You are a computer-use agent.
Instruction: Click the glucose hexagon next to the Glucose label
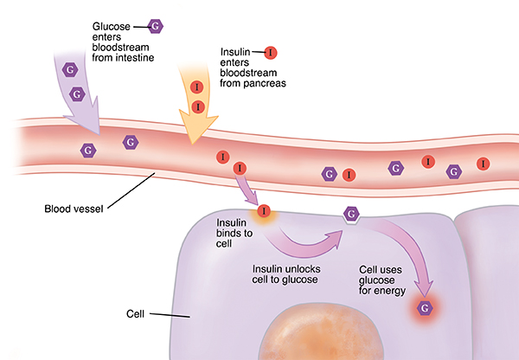155,25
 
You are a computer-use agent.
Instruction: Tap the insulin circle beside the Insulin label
271,53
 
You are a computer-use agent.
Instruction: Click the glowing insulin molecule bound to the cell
264,210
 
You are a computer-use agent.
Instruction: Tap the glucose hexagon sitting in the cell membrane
351,214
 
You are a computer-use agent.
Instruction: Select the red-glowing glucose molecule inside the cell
424,308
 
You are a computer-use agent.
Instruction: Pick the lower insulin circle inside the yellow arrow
198,106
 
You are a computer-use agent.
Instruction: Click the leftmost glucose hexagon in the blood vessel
87,150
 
